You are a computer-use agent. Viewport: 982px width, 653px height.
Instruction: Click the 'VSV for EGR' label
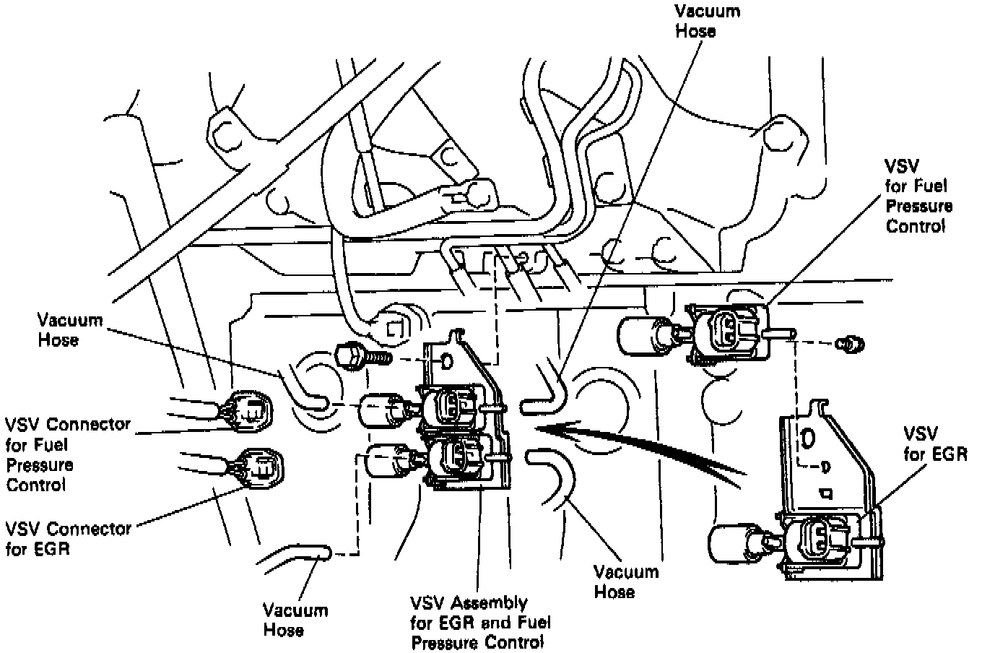[935, 444]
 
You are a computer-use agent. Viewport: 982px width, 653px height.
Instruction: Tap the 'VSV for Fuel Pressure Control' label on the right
[918, 196]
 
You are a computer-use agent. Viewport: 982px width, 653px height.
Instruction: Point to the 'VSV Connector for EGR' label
[68, 538]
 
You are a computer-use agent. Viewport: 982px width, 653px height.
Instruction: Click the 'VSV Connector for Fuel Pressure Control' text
[68, 454]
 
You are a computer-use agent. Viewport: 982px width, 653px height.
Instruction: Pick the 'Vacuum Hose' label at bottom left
[295, 620]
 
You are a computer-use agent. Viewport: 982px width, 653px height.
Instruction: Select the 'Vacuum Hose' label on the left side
[70, 329]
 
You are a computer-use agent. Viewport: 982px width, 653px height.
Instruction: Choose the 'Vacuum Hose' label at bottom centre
[625, 581]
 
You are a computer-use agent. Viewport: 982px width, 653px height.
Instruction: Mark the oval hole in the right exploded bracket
[808, 438]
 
